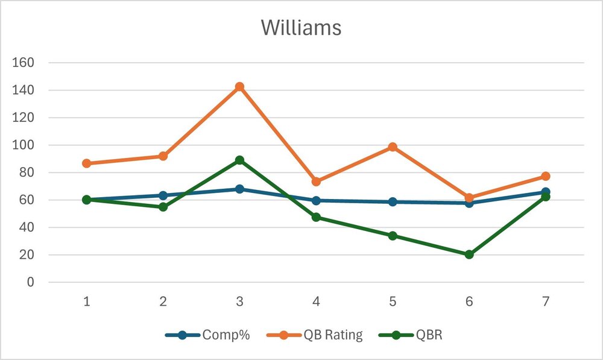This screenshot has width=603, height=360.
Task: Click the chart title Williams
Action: click(301, 28)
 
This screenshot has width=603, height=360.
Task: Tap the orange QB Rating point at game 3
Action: click(239, 87)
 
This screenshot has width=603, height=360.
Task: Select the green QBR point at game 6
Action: click(469, 254)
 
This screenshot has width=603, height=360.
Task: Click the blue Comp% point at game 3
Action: click(239, 189)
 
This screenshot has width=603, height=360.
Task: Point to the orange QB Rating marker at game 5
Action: click(393, 147)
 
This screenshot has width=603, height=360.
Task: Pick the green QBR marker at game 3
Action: click(239, 160)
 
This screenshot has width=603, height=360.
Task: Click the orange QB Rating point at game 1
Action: click(87, 163)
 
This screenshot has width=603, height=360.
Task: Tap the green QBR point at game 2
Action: click(163, 207)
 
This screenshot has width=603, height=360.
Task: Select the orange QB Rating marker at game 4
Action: click(316, 182)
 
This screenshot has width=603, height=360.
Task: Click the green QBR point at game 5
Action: click(393, 236)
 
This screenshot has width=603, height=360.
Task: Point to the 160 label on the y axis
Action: click(24, 63)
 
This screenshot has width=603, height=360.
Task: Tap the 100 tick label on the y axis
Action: click(24, 145)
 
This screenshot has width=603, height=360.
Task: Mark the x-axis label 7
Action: click(545, 302)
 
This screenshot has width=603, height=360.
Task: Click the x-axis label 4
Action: click(316, 302)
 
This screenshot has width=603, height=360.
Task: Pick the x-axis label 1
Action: click(87, 302)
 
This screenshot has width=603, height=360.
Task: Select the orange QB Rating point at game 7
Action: click(545, 176)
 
